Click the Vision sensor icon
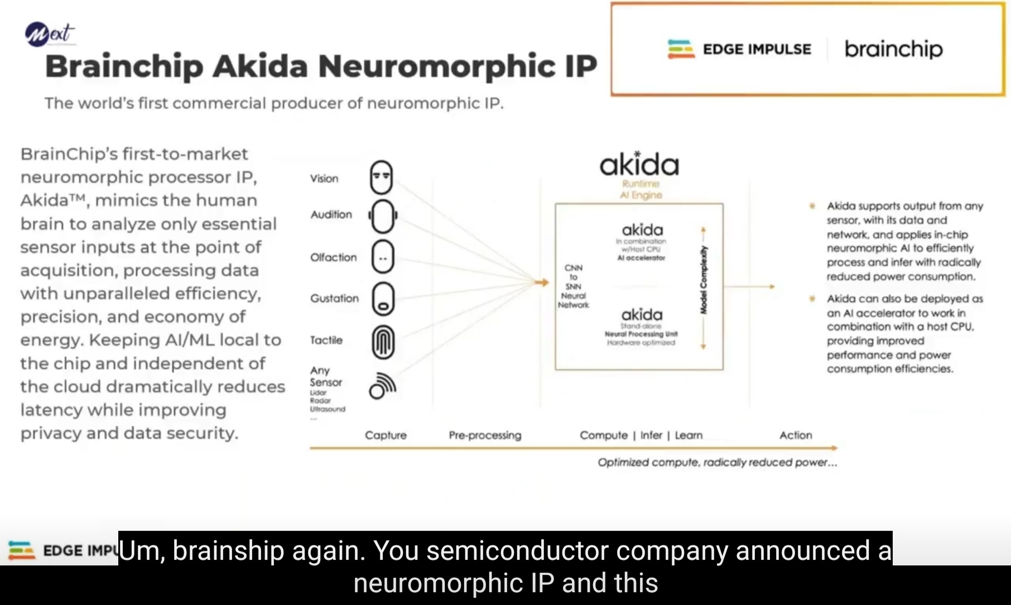[382, 177]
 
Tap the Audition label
[331, 214]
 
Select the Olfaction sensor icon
[383, 257]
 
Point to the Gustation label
[334, 298]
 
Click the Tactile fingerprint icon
[383, 342]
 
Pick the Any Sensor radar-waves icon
[382, 386]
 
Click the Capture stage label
[386, 435]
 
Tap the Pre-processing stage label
[485, 435]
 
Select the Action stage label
[796, 435]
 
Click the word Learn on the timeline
[689, 435]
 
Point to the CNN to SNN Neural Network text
[574, 286]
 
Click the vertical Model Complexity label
[704, 279]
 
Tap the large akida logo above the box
[639, 165]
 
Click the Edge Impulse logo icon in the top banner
[681, 49]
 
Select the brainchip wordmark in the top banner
[893, 49]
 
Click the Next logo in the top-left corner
[49, 33]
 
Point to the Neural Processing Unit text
[641, 334]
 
